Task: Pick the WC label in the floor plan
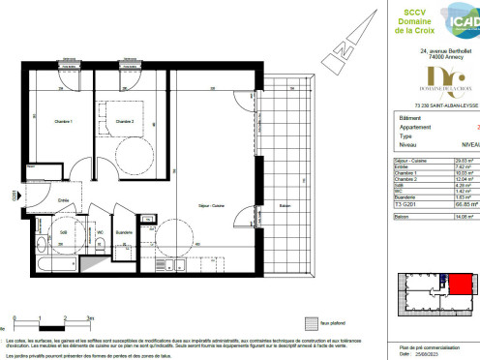pyautogui.click(x=100, y=232)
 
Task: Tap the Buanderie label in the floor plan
pyautogui.click(x=124, y=232)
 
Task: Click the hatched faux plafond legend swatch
pyautogui.click(x=311, y=323)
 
